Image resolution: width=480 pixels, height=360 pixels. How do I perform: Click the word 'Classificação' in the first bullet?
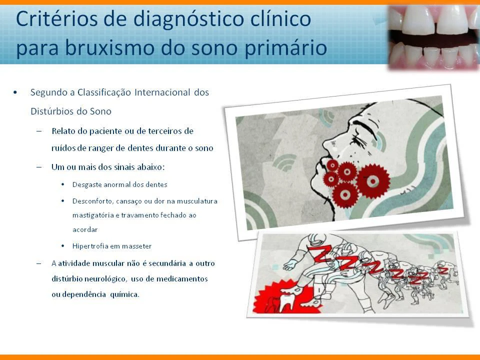104,92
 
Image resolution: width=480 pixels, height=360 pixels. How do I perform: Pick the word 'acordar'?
85,229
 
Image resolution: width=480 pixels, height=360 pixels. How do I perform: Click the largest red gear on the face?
373,181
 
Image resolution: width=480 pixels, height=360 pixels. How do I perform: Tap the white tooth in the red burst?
285,301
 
